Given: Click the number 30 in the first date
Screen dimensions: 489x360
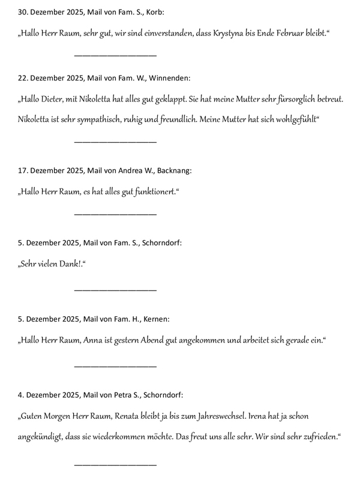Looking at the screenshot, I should pos(23,12).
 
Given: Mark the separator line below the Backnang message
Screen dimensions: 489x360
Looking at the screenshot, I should pos(115,214).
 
